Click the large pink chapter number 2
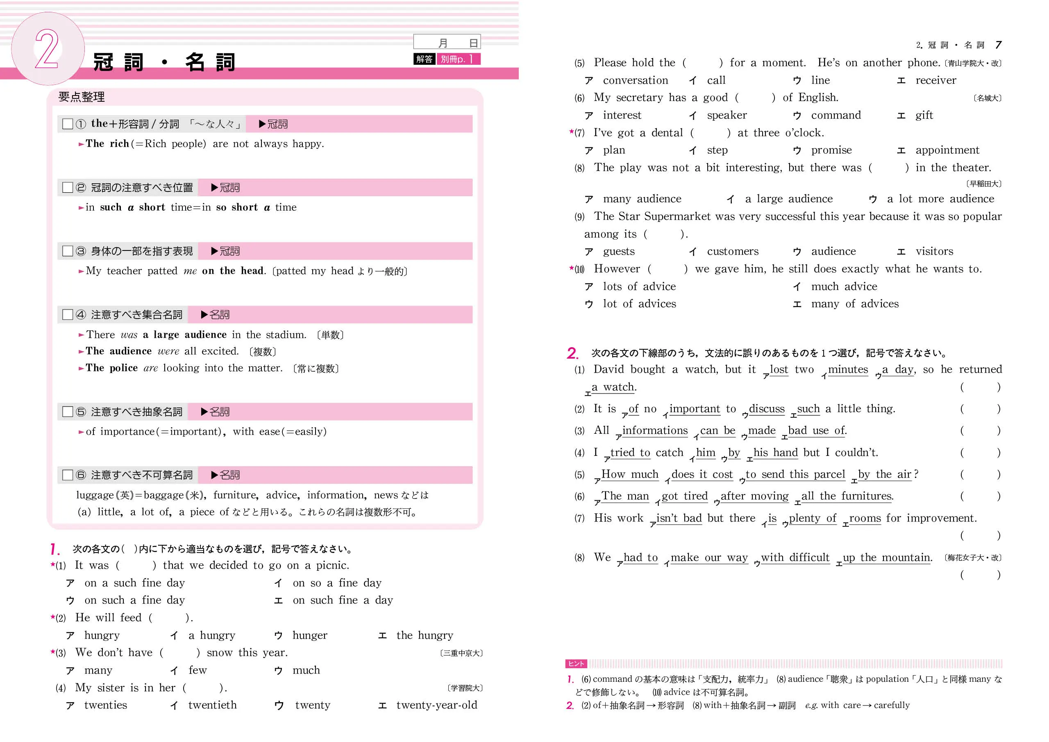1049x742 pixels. tap(47, 49)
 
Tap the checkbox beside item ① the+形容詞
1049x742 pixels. tap(68, 124)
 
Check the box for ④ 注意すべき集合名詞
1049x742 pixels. tap(68, 314)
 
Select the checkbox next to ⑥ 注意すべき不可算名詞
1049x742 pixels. tap(68, 475)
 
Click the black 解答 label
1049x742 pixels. tap(424, 59)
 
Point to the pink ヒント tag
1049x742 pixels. tap(576, 663)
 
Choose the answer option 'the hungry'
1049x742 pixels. tap(425, 635)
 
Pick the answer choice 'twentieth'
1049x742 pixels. tap(212, 705)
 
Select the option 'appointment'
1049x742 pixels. tap(947, 150)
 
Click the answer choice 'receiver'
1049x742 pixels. tap(935, 80)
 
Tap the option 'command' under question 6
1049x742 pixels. tap(836, 115)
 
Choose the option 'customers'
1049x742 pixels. tap(732, 251)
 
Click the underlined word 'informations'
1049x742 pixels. tap(655, 431)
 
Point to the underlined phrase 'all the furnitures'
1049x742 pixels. tap(846, 496)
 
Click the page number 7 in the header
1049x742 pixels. tap(998, 45)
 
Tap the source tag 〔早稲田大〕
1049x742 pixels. tap(983, 184)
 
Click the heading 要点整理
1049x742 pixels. tap(81, 97)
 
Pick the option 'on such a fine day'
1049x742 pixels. tap(134, 600)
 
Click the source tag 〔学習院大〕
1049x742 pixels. tap(465, 688)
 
